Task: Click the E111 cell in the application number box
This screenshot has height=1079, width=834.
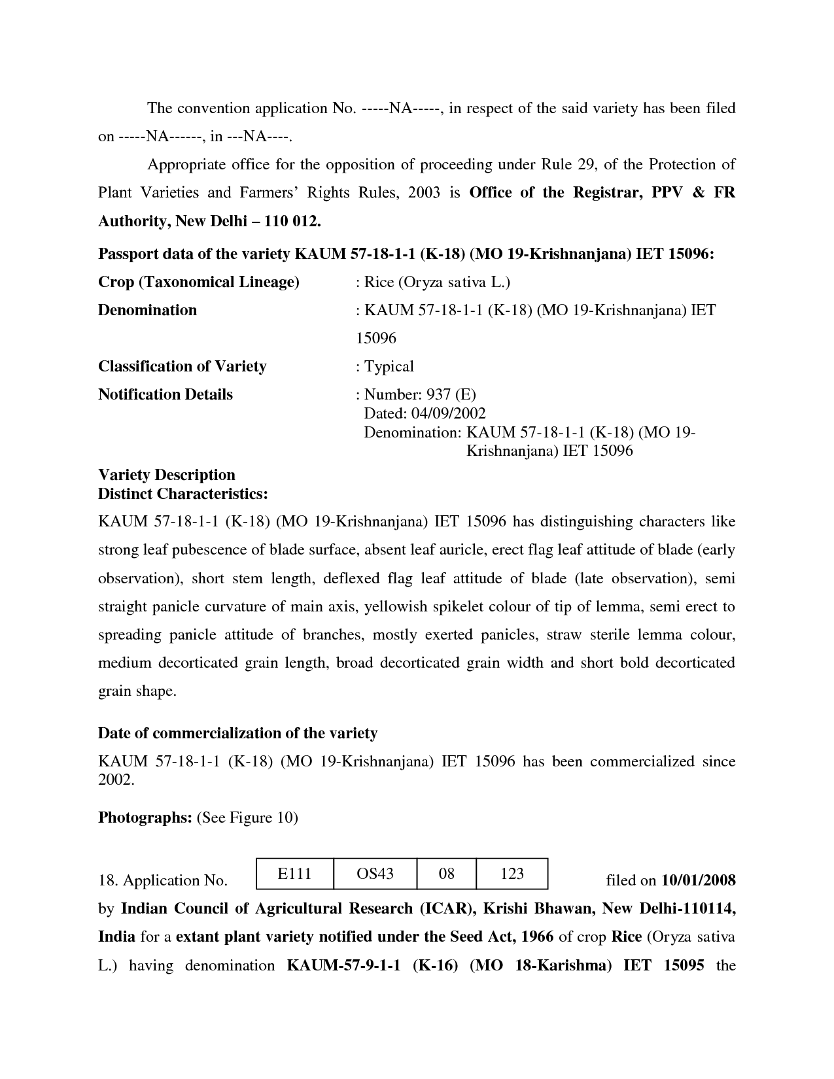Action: (x=294, y=874)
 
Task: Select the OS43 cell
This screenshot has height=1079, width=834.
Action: (x=375, y=874)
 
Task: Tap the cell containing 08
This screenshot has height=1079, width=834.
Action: (x=446, y=874)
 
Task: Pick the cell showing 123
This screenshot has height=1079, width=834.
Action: (x=512, y=874)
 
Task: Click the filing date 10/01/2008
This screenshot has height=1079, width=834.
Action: (x=699, y=880)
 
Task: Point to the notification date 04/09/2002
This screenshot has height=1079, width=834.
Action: (x=448, y=413)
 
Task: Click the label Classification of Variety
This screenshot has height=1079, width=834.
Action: (x=182, y=366)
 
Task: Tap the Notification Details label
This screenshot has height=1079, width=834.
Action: (x=165, y=394)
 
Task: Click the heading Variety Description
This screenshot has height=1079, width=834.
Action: (x=166, y=475)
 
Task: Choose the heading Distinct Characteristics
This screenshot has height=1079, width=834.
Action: (x=182, y=493)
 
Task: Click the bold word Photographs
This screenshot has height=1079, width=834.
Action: (x=144, y=817)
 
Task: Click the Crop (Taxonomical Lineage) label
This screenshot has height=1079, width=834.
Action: (x=198, y=282)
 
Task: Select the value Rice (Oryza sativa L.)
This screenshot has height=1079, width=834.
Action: (x=436, y=282)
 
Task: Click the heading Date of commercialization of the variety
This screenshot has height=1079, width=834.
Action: (x=237, y=733)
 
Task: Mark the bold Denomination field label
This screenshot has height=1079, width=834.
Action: (x=147, y=310)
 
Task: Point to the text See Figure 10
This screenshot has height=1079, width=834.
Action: (x=248, y=817)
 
